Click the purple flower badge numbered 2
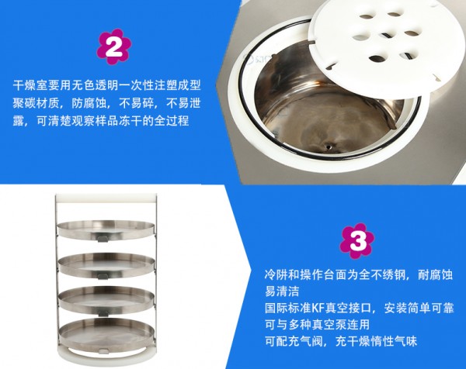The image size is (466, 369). point(114,47)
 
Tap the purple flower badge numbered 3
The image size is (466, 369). point(357,240)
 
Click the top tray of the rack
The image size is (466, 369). point(106,229)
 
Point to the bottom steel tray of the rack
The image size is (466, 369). point(106,333)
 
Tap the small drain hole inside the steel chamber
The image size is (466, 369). point(328,146)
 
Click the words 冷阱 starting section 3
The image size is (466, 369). point(276,275)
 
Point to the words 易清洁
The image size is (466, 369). point(282,291)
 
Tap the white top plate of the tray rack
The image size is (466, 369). point(106,198)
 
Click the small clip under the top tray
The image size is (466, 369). point(102,238)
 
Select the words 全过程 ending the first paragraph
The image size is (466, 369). point(172,121)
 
